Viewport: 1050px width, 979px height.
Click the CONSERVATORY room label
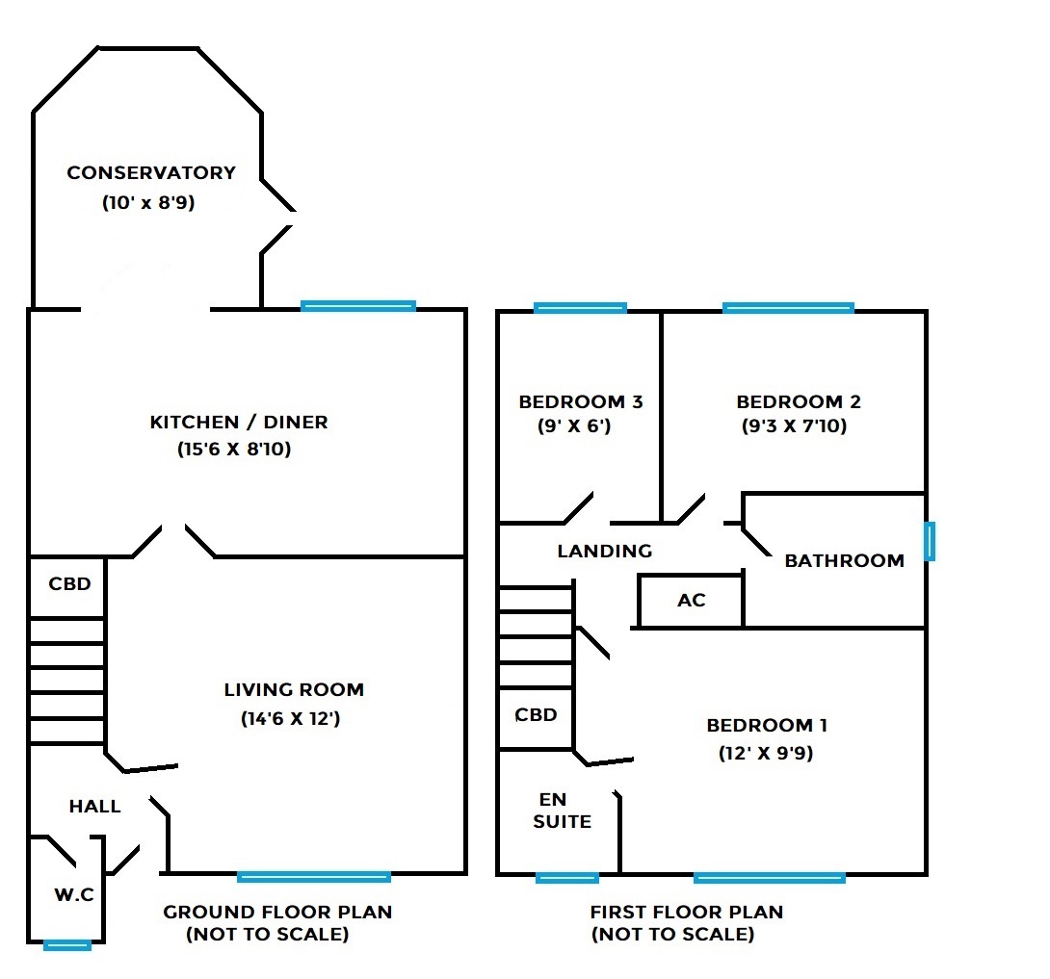[151, 173]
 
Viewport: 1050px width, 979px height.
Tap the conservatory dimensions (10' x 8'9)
[148, 203]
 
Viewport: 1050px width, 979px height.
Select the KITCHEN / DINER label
[239, 422]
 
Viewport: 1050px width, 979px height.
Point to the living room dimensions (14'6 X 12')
[289, 718]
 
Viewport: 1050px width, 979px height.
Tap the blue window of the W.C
[67, 945]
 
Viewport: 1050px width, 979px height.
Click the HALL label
[95, 807]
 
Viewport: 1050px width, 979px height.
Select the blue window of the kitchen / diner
[357, 306]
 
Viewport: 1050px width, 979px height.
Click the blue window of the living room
[314, 876]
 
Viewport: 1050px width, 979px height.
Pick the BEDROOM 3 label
[581, 401]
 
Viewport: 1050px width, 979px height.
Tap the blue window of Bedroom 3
[580, 308]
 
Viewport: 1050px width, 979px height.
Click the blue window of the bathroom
[929, 541]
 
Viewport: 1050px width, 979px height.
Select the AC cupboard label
[692, 601]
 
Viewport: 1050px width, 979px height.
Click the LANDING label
[605, 552]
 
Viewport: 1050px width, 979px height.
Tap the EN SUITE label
[563, 810]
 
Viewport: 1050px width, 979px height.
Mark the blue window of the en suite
[567, 877]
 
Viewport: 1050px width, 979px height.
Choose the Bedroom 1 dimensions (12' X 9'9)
[766, 754]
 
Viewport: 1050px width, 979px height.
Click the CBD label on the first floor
[537, 715]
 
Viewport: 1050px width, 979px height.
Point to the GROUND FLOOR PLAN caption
[277, 912]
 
